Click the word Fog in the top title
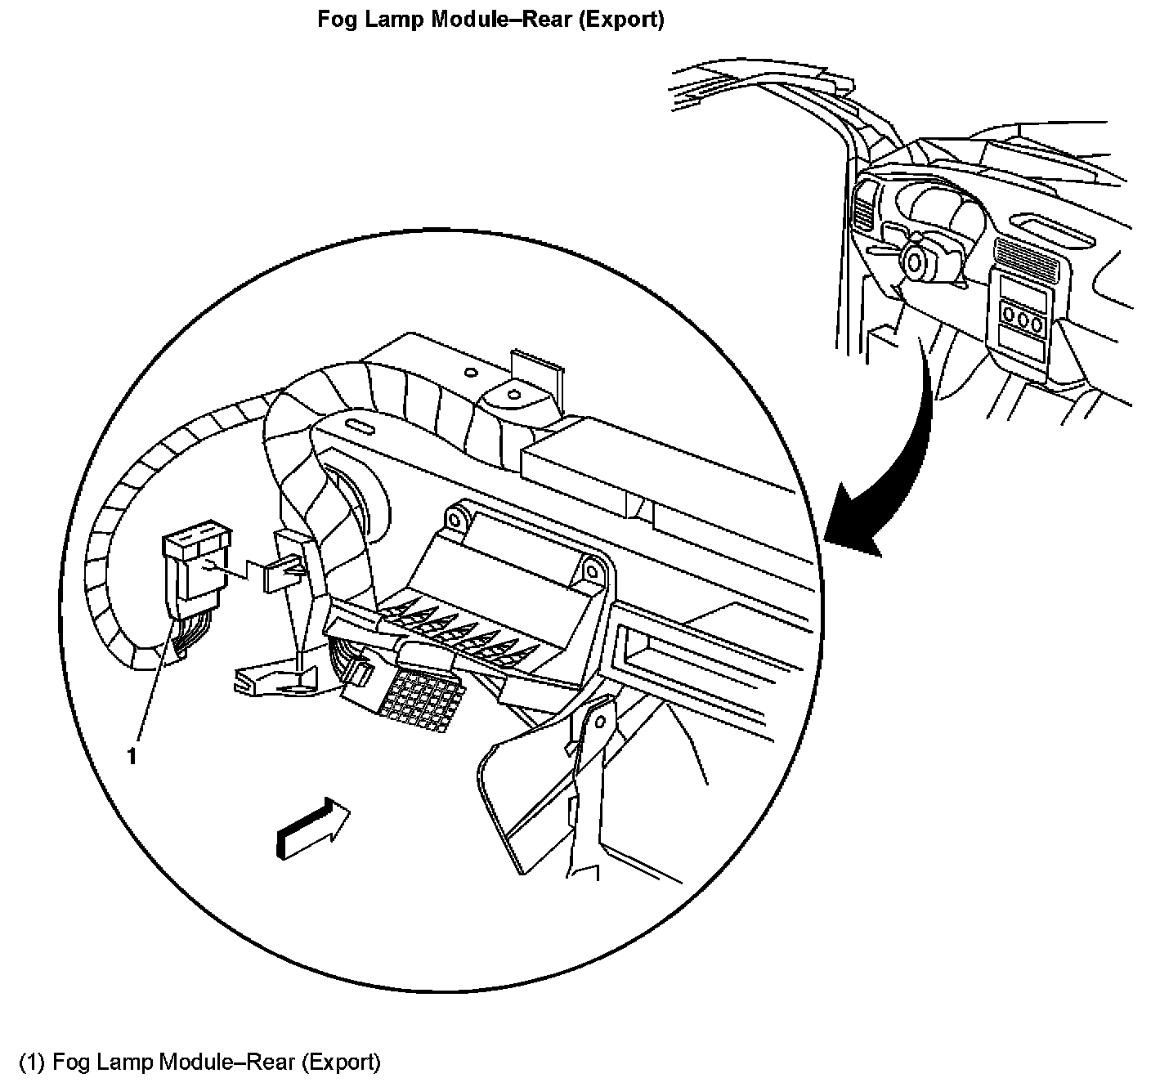(335, 20)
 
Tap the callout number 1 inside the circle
(131, 757)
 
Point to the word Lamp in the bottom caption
(126, 1062)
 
